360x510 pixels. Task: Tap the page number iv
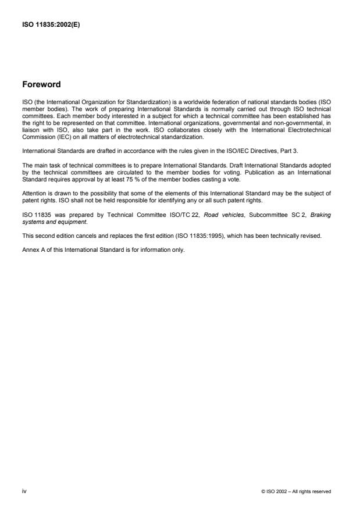click(24, 491)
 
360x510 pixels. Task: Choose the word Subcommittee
click(248, 215)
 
